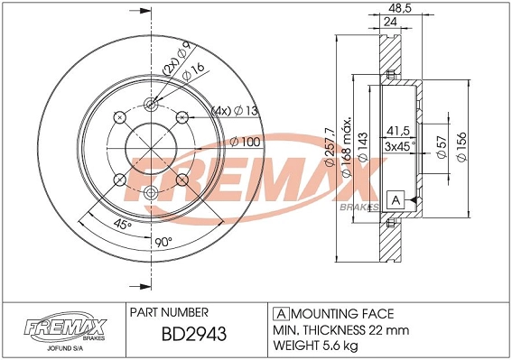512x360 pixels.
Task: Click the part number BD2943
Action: click(194, 334)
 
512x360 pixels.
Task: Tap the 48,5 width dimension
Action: click(401, 7)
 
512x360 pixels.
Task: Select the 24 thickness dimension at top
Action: click(390, 22)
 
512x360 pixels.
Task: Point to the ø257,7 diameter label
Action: click(330, 147)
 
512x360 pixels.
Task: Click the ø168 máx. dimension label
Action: click(346, 146)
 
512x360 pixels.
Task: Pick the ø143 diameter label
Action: click(363, 147)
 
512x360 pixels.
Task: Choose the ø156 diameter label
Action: click(461, 146)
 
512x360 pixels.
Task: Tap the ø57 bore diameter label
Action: click(442, 147)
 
